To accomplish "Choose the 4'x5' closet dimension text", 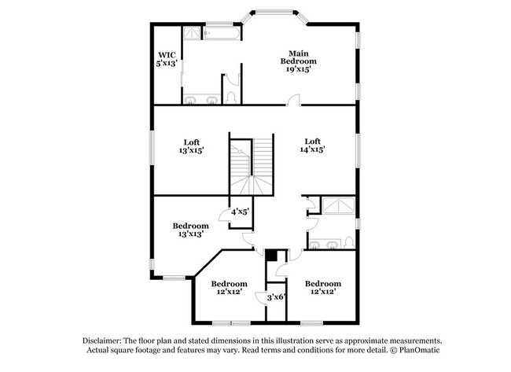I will [x=240, y=212].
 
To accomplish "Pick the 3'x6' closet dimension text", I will [x=276, y=296].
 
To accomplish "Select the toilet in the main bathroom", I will [x=230, y=96].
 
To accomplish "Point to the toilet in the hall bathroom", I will [x=348, y=242].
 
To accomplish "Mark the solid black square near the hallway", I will [x=271, y=255].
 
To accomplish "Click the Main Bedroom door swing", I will [x=293, y=100].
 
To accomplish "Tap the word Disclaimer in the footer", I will [x=105, y=341].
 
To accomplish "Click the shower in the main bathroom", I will [x=193, y=33].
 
